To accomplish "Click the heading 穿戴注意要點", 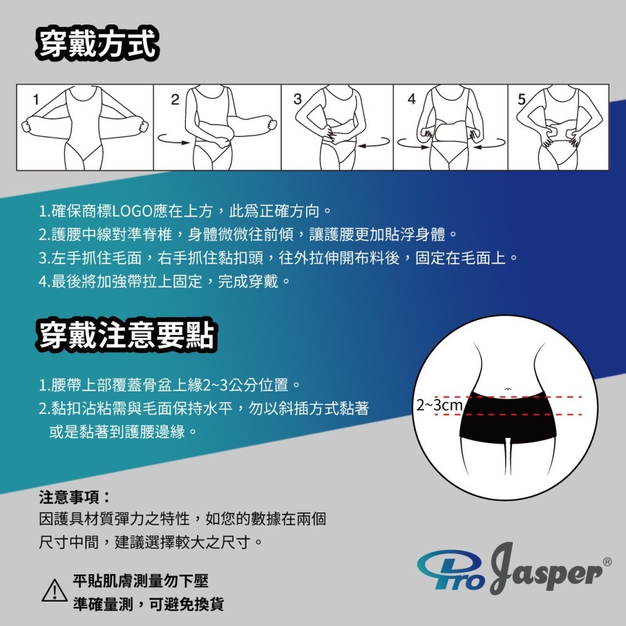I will (x=126, y=335).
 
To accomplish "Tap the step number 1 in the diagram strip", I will (x=36, y=99).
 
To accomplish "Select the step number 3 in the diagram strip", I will (x=297, y=99).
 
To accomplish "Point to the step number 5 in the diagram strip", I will (x=521, y=99).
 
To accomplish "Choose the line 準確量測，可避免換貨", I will (x=148, y=604).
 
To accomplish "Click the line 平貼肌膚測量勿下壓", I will (x=140, y=581).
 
